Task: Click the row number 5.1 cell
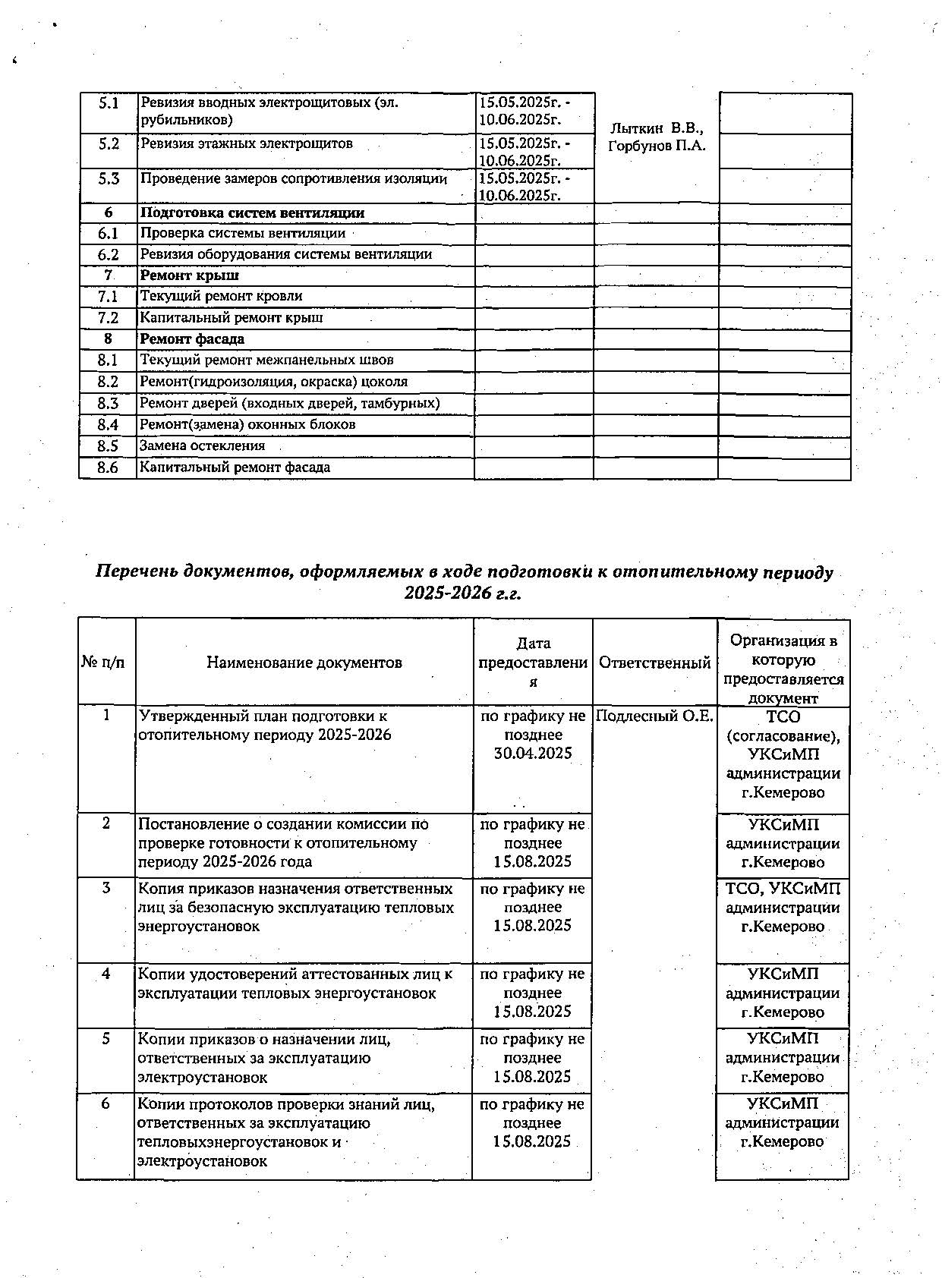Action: [108, 103]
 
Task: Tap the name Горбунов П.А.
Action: [657, 146]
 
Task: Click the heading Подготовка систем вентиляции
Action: [252, 213]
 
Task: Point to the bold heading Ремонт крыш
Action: [189, 275]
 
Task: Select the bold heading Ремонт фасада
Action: [192, 338]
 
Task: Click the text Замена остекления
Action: [203, 446]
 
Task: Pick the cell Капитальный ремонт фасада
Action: [235, 467]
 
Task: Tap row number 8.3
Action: [108, 404]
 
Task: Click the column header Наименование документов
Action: [304, 663]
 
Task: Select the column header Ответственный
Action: [654, 663]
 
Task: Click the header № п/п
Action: [103, 663]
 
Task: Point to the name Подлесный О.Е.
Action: [654, 716]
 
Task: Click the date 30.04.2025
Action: [533, 754]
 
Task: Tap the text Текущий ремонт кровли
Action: [221, 296]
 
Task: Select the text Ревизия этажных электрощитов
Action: [247, 143]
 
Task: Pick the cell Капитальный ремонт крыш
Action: [232, 318]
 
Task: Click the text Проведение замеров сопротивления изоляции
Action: [294, 179]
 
